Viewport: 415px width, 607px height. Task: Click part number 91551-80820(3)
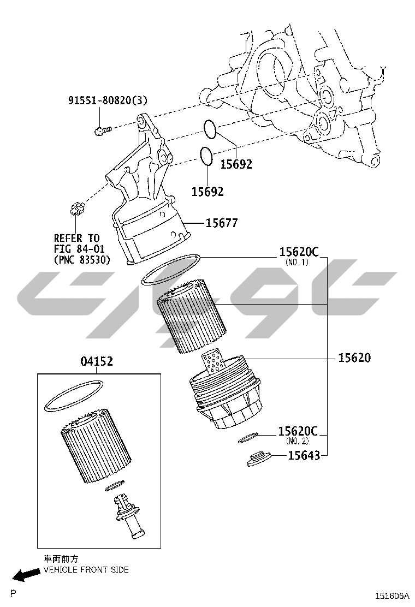(x=108, y=100)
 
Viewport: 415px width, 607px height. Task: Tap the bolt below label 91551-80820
(x=103, y=130)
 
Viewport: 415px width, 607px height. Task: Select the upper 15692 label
(x=236, y=164)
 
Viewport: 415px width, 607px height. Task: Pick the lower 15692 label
(x=207, y=191)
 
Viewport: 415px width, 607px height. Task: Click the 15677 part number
(x=222, y=223)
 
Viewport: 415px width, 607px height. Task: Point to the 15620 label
(x=354, y=358)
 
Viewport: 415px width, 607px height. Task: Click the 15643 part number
(x=304, y=456)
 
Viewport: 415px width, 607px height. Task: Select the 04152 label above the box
(x=97, y=361)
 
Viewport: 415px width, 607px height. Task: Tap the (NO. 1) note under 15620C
(x=297, y=263)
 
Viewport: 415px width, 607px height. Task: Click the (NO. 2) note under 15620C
(x=297, y=441)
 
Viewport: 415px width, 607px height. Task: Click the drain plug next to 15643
(x=259, y=459)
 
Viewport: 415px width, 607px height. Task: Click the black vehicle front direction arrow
(x=26, y=574)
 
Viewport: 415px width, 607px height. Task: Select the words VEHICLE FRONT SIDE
(x=86, y=569)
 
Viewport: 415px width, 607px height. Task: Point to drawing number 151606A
(x=392, y=596)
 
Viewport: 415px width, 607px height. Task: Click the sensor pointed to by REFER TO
(x=76, y=208)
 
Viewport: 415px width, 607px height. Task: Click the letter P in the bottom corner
(x=14, y=593)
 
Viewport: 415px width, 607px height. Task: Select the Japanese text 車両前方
(x=61, y=559)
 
